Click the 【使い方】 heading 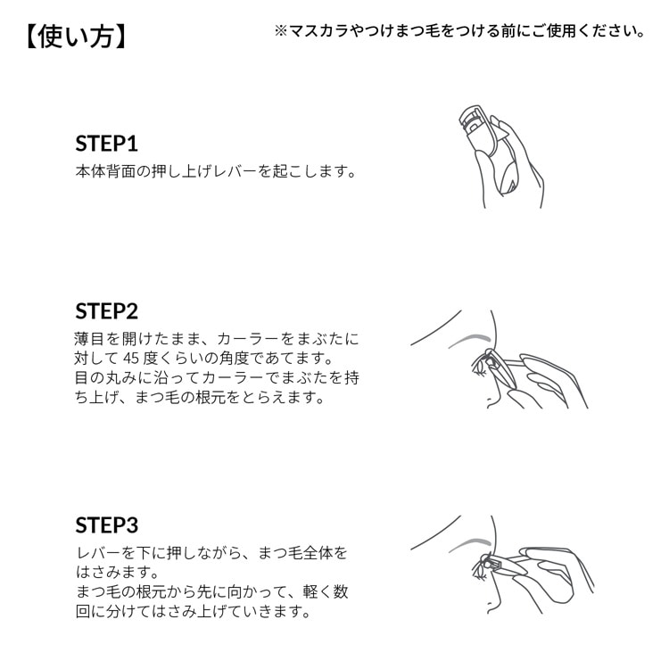[x=76, y=37]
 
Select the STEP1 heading [x=107, y=144]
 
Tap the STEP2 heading [x=107, y=311]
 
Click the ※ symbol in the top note [x=281, y=30]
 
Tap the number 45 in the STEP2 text [x=131, y=359]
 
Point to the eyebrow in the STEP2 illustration [x=469, y=339]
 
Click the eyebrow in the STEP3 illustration [x=469, y=544]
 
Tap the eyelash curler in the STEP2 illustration [x=495, y=368]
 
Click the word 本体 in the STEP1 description [x=90, y=171]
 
